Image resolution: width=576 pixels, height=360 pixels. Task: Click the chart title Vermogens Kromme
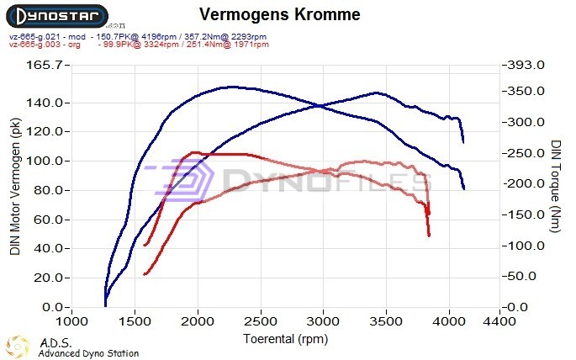(281, 15)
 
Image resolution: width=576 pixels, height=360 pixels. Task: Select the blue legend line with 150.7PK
(139, 37)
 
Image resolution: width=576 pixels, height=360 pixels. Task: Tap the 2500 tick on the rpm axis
(261, 321)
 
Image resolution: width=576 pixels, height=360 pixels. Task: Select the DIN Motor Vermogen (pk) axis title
(15, 187)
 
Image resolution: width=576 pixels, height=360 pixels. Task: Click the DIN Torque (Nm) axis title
(556, 187)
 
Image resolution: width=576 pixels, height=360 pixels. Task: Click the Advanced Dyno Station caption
(88, 353)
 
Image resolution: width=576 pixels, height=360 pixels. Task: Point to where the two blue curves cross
(320, 105)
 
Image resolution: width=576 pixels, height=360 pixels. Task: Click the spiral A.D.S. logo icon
(18, 346)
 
